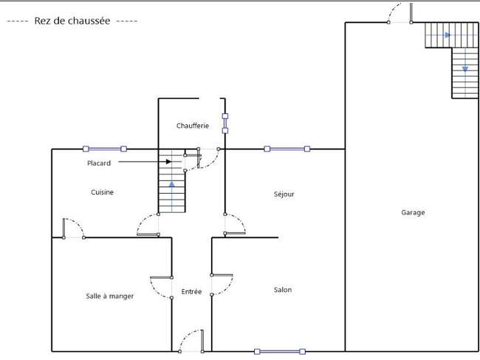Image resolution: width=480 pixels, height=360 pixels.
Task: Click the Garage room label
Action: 413,213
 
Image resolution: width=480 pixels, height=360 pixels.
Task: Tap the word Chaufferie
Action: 193,126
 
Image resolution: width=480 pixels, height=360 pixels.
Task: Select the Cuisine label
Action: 102,192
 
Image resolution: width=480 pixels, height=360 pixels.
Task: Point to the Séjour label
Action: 284,194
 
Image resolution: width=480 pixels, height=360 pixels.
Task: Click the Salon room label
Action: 283,290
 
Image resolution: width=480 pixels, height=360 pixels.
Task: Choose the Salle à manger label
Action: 110,296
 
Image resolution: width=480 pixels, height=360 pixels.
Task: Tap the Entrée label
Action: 191,292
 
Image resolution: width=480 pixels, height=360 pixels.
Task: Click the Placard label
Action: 99,163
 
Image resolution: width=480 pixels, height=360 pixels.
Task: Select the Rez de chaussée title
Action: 72,21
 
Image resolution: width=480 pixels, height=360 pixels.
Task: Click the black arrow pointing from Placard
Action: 145,161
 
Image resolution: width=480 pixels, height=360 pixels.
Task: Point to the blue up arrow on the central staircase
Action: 172,197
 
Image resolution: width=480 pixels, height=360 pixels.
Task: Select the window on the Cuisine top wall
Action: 105,149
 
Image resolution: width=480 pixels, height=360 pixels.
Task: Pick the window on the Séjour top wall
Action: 287,149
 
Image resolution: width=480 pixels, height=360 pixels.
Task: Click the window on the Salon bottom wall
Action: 280,351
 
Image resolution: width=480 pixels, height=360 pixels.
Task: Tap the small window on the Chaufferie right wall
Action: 225,123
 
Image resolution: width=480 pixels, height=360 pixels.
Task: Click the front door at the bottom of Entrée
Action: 191,341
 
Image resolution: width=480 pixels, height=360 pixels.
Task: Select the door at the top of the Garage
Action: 400,13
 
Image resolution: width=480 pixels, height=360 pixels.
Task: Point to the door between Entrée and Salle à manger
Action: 161,288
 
